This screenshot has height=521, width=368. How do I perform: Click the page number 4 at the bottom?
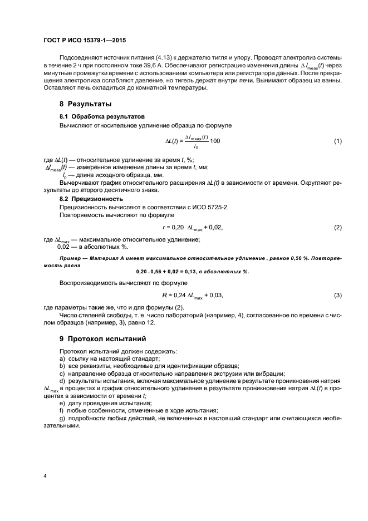click(x=45, y=476)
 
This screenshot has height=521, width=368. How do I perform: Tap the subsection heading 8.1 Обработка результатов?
click(x=102, y=117)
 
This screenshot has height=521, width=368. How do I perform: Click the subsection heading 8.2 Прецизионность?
click(x=91, y=198)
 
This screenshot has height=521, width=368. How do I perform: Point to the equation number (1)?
click(x=337, y=141)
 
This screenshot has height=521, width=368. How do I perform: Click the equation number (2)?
click(x=337, y=228)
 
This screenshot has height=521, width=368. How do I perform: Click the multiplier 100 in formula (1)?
click(x=215, y=141)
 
